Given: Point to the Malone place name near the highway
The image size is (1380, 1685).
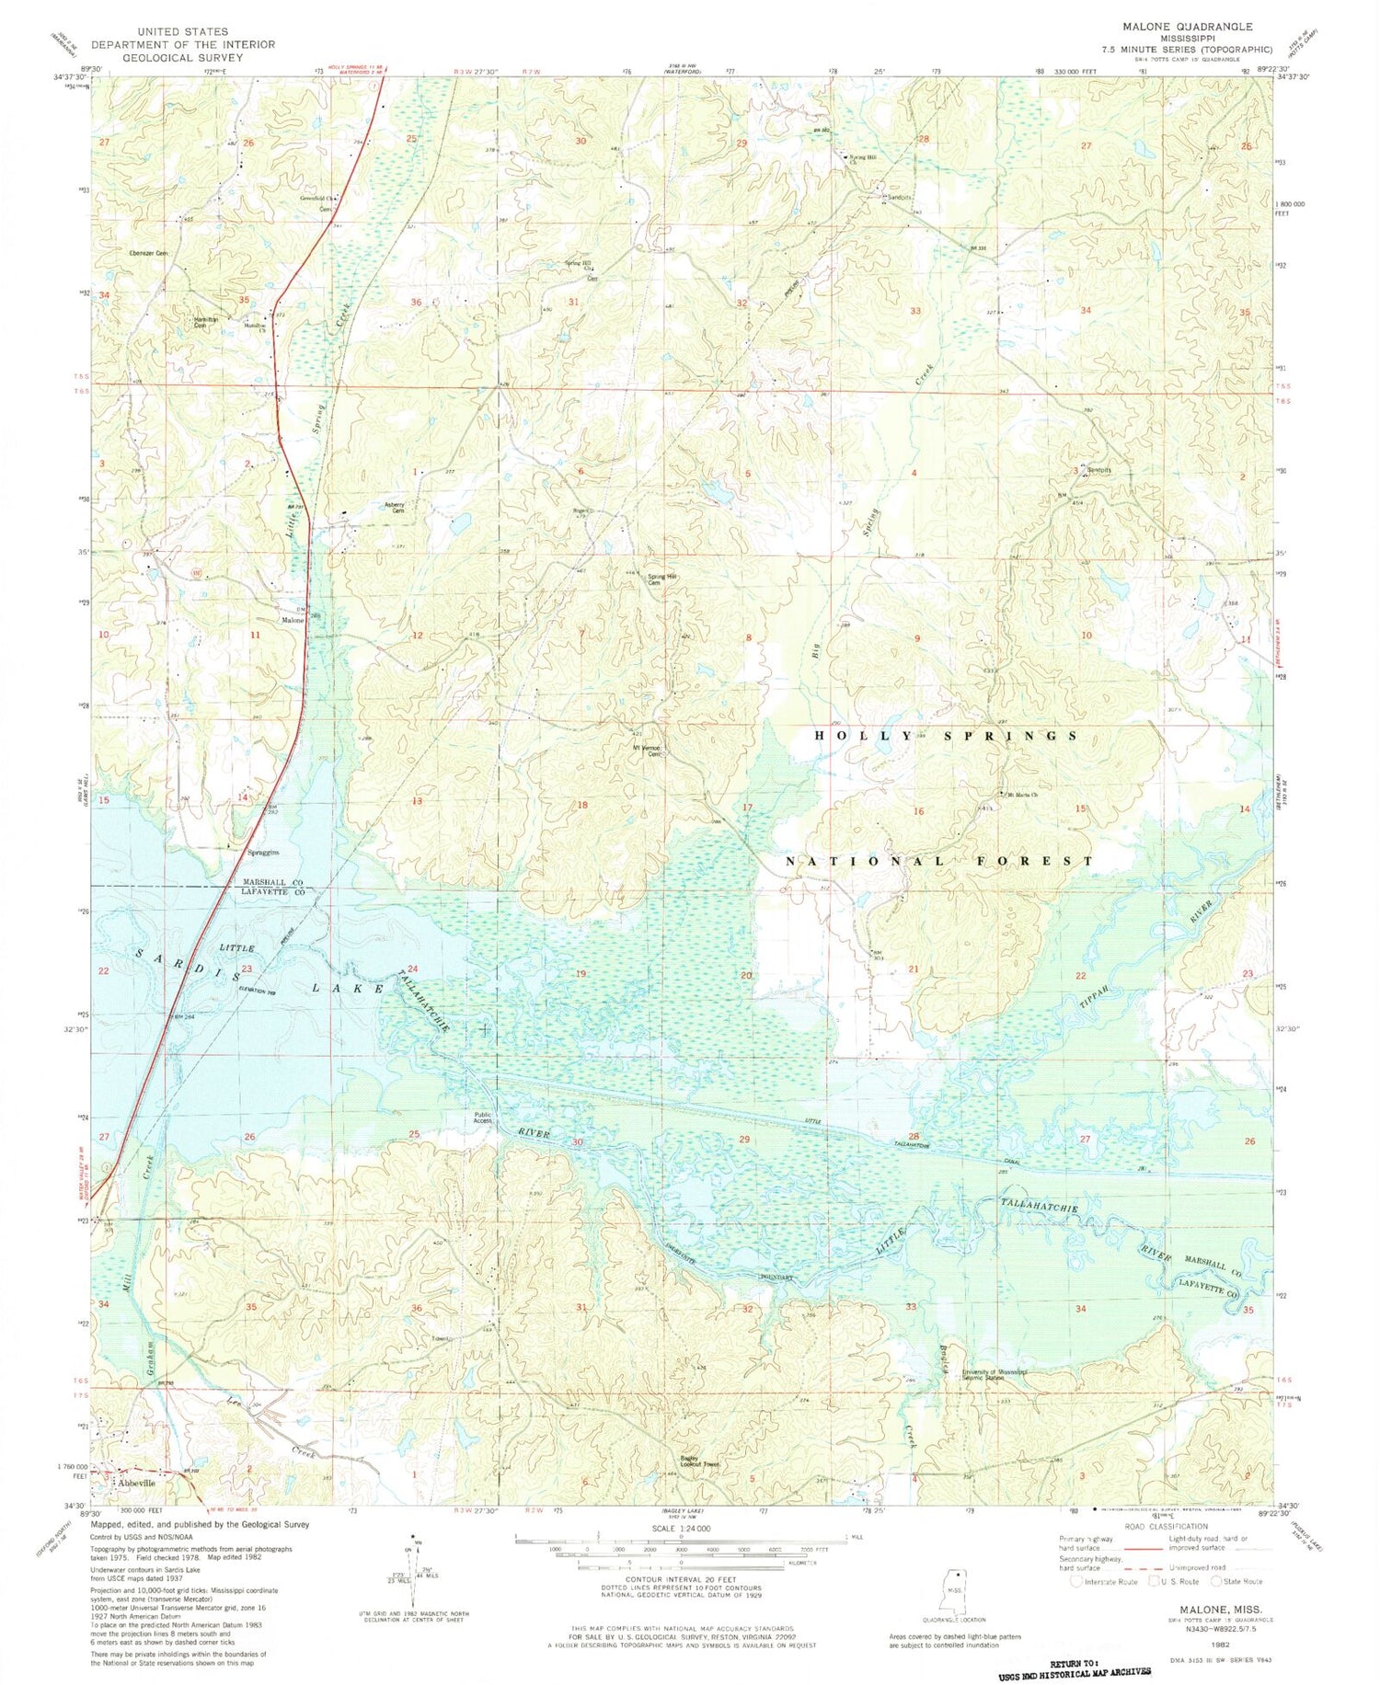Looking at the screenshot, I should (292, 620).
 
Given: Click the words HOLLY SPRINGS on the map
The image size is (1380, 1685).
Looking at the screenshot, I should (948, 736).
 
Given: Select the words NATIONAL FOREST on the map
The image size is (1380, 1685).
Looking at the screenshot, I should (938, 862).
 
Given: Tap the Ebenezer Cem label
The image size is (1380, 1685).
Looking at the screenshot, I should (149, 253).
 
